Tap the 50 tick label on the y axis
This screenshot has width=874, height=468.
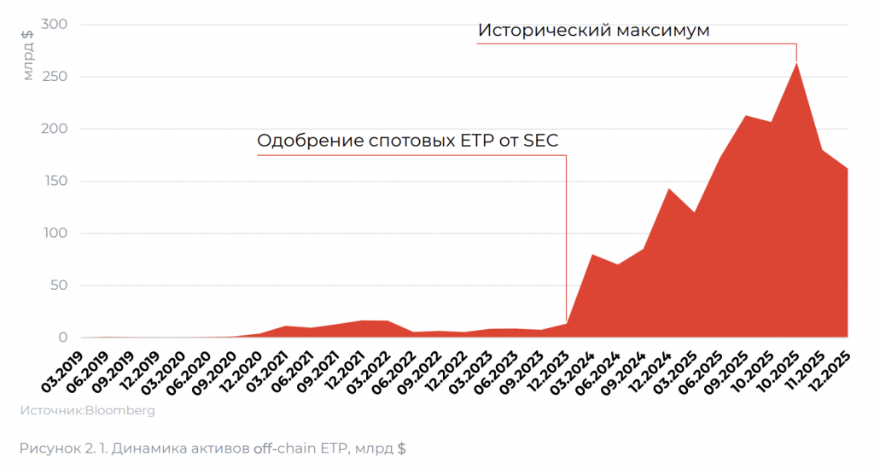tap(59, 286)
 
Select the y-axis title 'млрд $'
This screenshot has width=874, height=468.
tap(28, 55)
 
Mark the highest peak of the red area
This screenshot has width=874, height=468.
tap(796, 63)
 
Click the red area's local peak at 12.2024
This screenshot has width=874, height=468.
tap(668, 189)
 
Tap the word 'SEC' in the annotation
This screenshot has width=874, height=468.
tap(540, 141)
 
